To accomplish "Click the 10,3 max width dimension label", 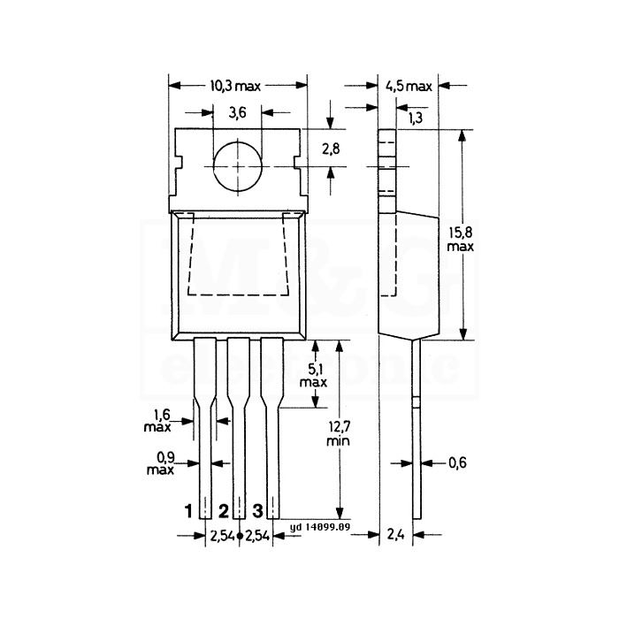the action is click(235, 86).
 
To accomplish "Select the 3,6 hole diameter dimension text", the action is click(237, 113).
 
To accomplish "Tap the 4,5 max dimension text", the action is click(409, 86).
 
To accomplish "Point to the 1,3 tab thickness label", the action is click(415, 118).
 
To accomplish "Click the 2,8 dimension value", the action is click(331, 149).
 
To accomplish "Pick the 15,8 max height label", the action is click(461, 240).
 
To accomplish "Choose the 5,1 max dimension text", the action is click(313, 376).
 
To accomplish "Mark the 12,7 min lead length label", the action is click(339, 433).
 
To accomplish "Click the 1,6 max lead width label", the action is click(157, 421).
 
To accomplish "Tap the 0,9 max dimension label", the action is click(160, 463).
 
